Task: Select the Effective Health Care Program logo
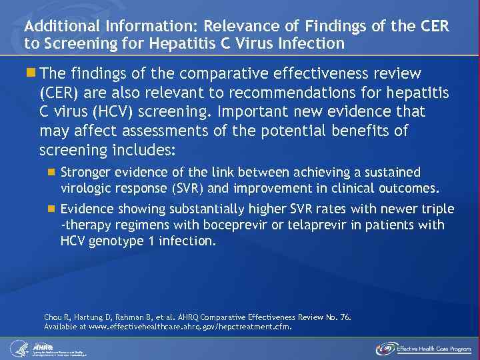423,348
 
